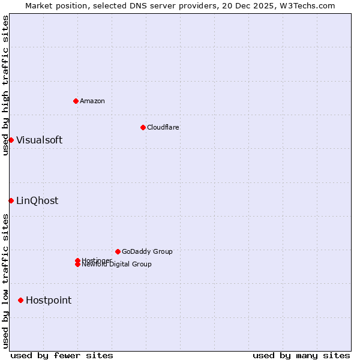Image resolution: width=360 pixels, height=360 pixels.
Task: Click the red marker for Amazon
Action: pyautogui.click(x=76, y=101)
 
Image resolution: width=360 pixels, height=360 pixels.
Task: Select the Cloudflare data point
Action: pyautogui.click(x=143, y=127)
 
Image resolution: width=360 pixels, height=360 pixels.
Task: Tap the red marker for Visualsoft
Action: pyautogui.click(x=11, y=140)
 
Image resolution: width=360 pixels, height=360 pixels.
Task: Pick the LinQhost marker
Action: pyautogui.click(x=11, y=200)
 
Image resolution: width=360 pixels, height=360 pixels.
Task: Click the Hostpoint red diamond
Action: pyautogui.click(x=20, y=300)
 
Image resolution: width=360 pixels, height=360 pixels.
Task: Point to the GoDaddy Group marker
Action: pyautogui.click(x=118, y=251)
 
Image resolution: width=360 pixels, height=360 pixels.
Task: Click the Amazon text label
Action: pyautogui.click(x=92, y=101)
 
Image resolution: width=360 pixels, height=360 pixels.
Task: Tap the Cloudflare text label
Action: pyautogui.click(x=163, y=127)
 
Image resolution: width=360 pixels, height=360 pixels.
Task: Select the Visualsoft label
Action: pyautogui.click(x=39, y=140)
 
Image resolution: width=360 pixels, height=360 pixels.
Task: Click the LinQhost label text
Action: pyautogui.click(x=37, y=200)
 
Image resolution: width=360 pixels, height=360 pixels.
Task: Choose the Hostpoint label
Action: pyautogui.click(x=49, y=300)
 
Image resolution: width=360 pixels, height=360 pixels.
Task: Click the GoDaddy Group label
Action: pyautogui.click(x=147, y=251)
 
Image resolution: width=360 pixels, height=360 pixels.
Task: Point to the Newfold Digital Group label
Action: pyautogui.click(x=117, y=265)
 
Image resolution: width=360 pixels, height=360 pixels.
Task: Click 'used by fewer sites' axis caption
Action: pyautogui.click(x=62, y=355)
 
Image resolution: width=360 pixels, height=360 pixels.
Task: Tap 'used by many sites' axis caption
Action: pyautogui.click(x=301, y=355)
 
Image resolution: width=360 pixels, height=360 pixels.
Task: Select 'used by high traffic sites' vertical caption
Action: pyautogui.click(x=5, y=85)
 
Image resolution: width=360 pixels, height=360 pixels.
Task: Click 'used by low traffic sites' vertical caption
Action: pyautogui.click(x=5, y=280)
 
